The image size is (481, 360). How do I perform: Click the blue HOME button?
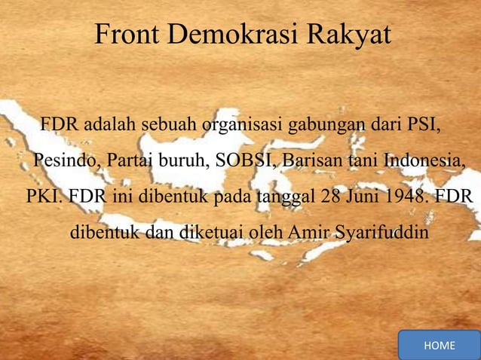tap(440, 345)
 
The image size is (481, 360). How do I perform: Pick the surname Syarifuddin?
tap(381, 233)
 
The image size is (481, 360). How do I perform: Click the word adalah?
tap(109, 124)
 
